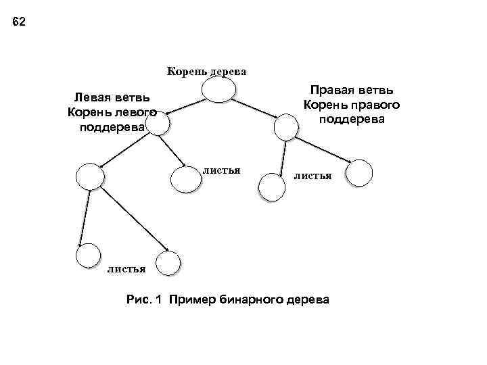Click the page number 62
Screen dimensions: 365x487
pyautogui.click(x=19, y=22)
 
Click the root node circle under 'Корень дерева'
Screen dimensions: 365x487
pyautogui.click(x=219, y=91)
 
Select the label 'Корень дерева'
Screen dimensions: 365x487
pyautogui.click(x=206, y=71)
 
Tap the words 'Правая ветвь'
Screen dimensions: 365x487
pyautogui.click(x=352, y=91)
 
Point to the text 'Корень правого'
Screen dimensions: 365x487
pyautogui.click(x=352, y=105)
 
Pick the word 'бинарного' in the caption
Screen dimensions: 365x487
pyautogui.click(x=251, y=299)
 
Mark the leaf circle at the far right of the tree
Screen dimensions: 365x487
pyautogui.click(x=358, y=172)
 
